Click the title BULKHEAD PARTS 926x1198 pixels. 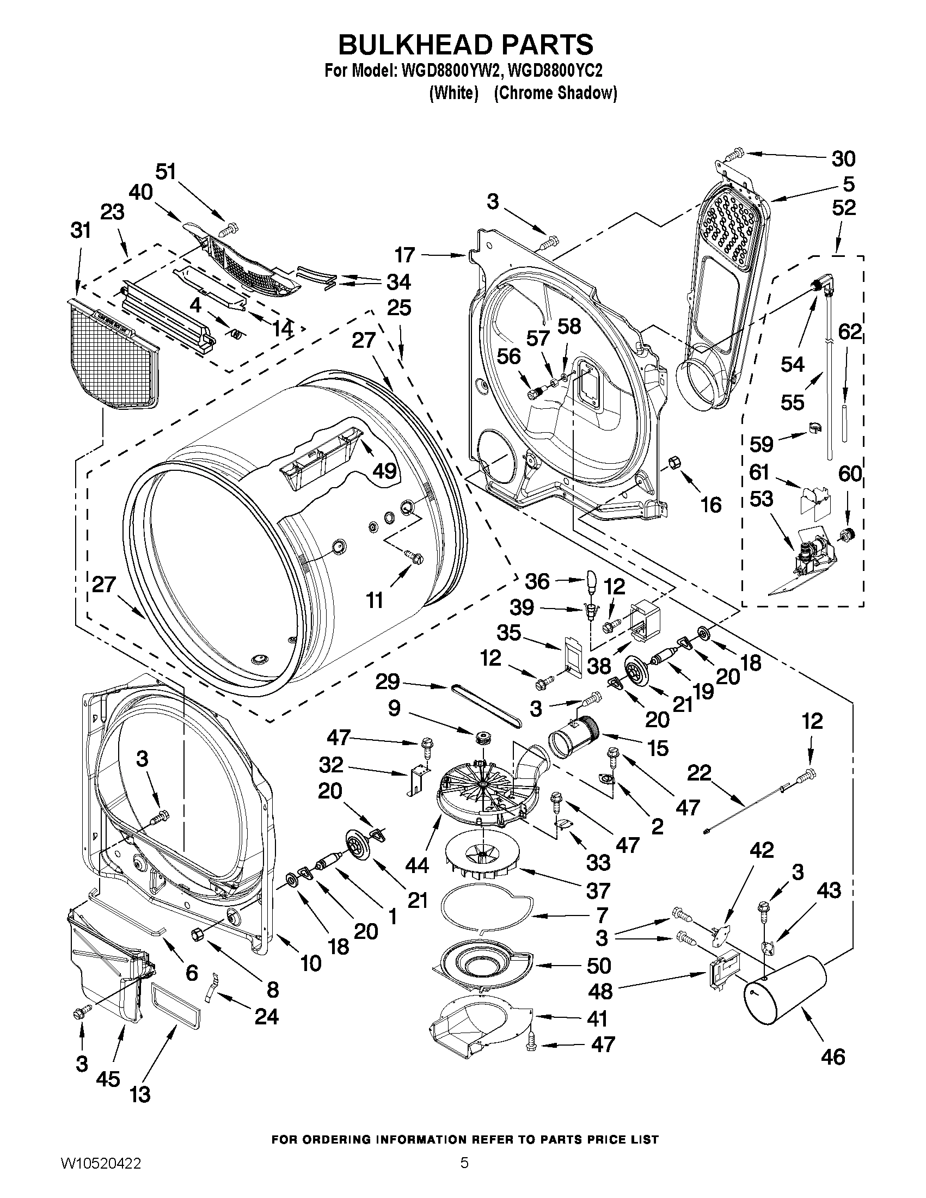click(x=465, y=44)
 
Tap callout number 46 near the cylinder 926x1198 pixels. click(x=832, y=1056)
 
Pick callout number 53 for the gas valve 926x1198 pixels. click(x=762, y=499)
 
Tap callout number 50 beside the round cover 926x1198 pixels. click(x=598, y=966)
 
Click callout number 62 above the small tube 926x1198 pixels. click(x=849, y=333)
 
